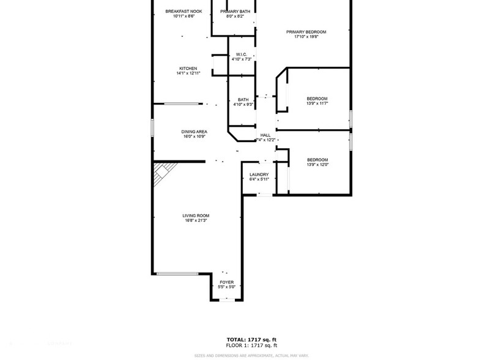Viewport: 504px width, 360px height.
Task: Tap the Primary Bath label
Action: pyautogui.click(x=235, y=12)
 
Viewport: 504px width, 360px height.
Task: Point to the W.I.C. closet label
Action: pyautogui.click(x=241, y=54)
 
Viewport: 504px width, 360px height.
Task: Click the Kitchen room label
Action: pyautogui.click(x=188, y=69)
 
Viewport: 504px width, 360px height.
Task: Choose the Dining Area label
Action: pyautogui.click(x=194, y=132)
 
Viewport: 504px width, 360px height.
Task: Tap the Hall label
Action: pyautogui.click(x=265, y=135)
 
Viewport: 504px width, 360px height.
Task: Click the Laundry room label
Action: pyautogui.click(x=259, y=174)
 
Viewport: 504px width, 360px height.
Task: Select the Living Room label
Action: pyautogui.click(x=196, y=216)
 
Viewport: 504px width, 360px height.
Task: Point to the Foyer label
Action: pyautogui.click(x=226, y=282)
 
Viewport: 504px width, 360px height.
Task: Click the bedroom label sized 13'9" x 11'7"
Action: pyautogui.click(x=317, y=99)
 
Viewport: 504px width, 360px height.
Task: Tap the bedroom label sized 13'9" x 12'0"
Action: pyautogui.click(x=317, y=160)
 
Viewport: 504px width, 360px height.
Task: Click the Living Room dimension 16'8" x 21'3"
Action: pyautogui.click(x=196, y=220)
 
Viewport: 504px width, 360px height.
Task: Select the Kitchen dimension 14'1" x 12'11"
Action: pyautogui.click(x=188, y=73)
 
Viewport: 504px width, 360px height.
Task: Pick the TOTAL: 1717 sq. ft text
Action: pyautogui.click(x=251, y=339)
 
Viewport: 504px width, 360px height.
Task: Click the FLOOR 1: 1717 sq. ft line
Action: pyautogui.click(x=251, y=345)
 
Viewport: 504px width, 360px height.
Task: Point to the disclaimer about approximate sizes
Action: pyautogui.click(x=251, y=356)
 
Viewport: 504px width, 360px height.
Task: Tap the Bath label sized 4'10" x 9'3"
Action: pyautogui.click(x=243, y=102)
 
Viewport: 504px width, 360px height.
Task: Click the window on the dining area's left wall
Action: pyautogui.click(x=152, y=127)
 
